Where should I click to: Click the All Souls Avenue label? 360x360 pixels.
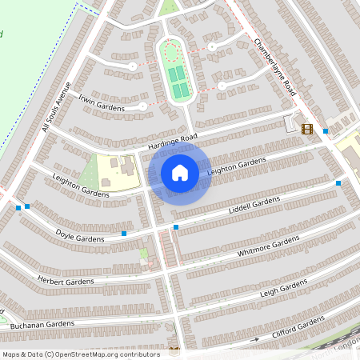(57, 107)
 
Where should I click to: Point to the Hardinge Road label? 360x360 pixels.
(166, 142)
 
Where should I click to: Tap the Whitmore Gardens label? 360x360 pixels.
(268, 247)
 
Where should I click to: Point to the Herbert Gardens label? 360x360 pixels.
(66, 281)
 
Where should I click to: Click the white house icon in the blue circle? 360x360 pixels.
(180, 172)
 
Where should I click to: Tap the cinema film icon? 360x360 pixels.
(307, 129)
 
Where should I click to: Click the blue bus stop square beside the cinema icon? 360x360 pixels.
(326, 130)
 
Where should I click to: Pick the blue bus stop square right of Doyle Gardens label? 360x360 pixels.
(124, 234)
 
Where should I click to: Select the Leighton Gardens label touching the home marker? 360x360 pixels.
(235, 167)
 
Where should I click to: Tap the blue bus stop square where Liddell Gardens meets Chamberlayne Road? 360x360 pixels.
(338, 183)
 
